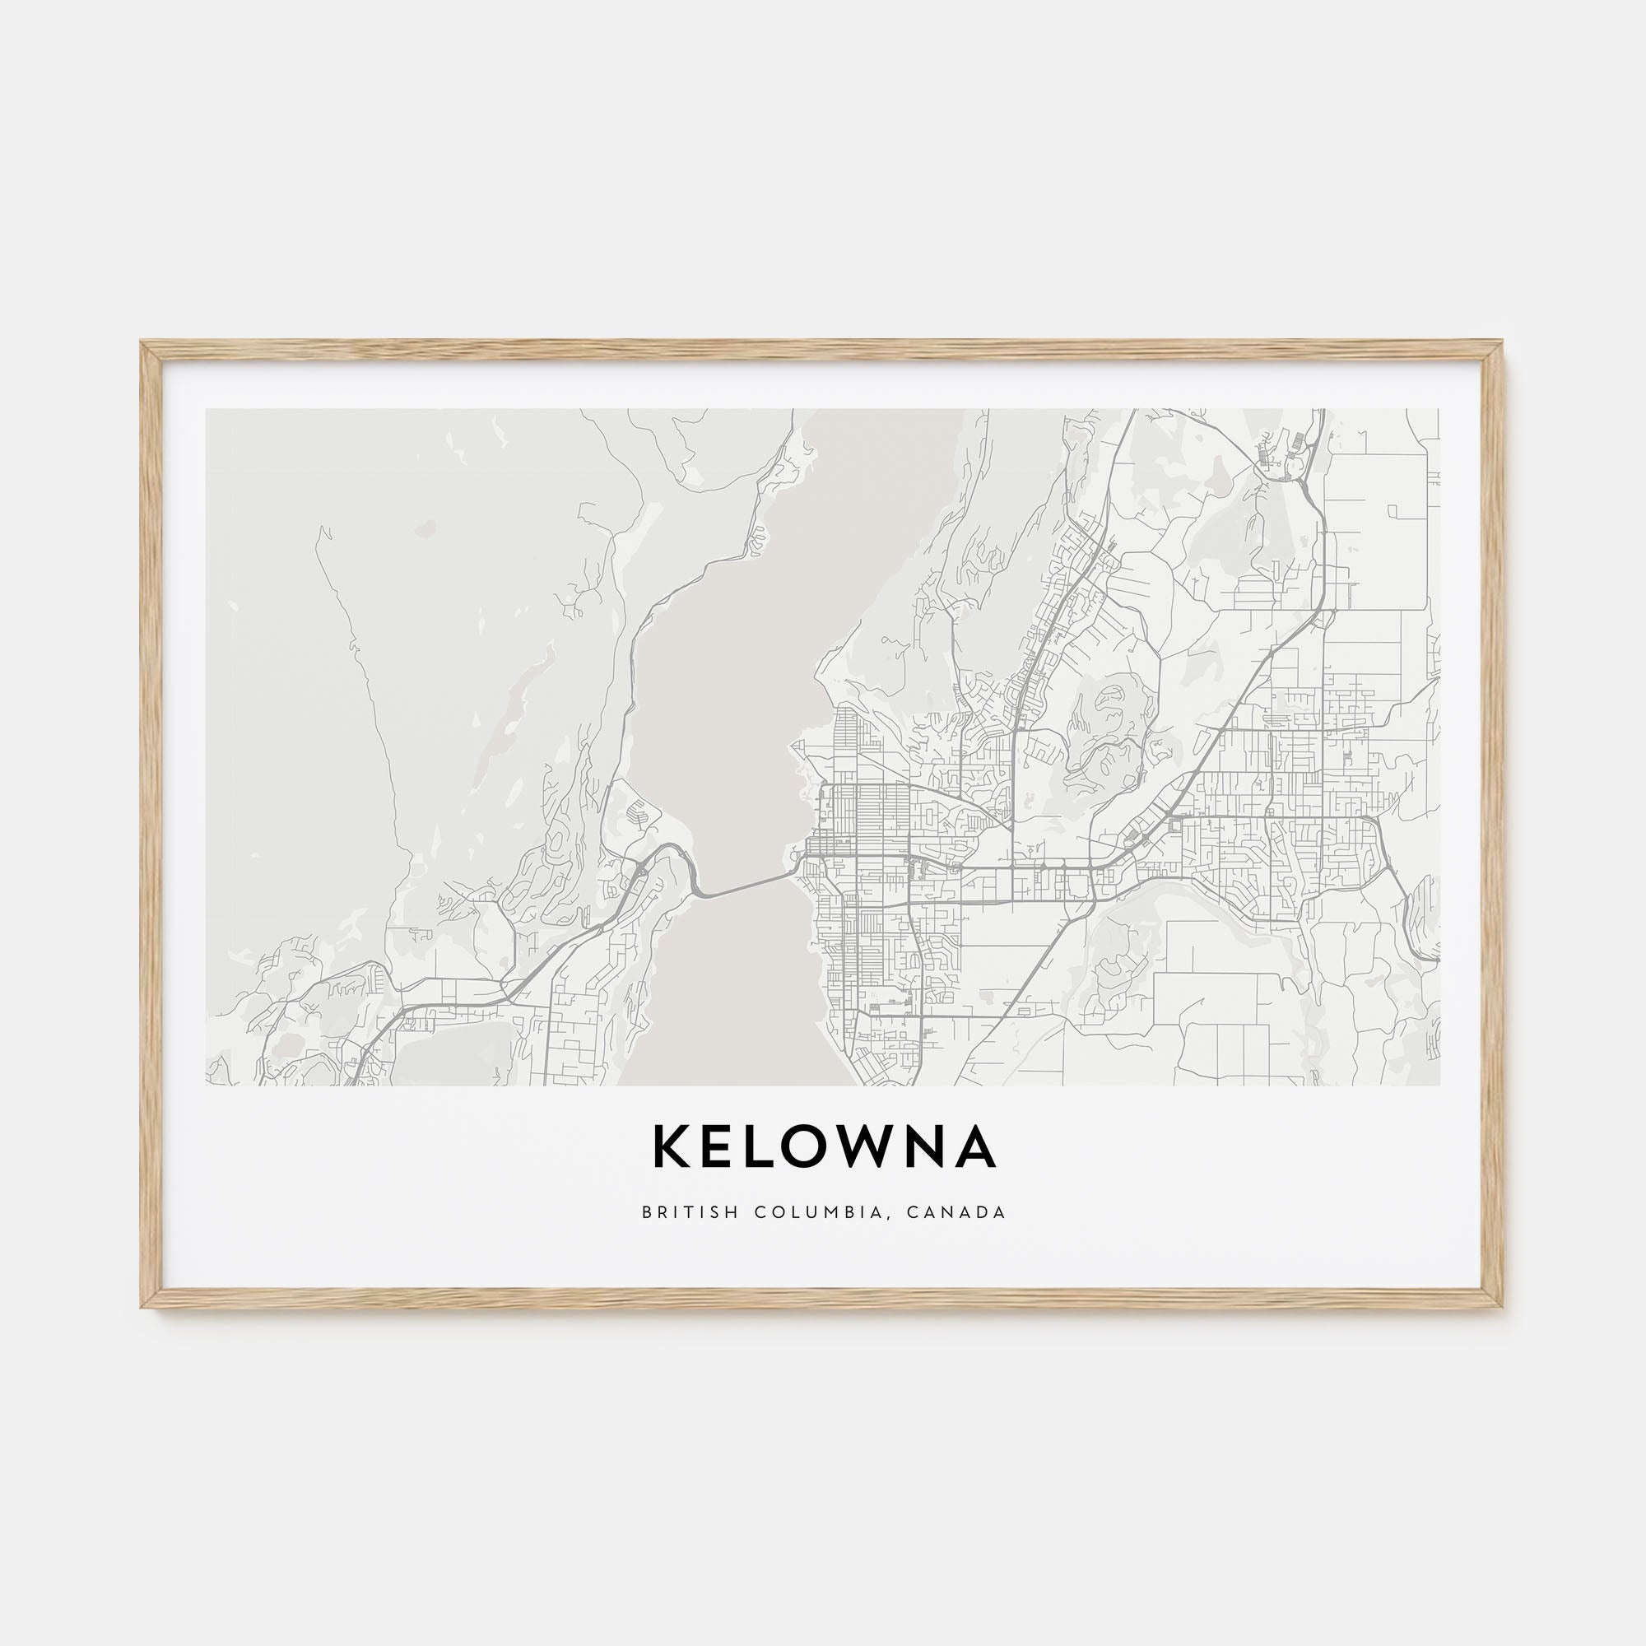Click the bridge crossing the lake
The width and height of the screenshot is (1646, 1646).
click(x=746, y=883)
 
